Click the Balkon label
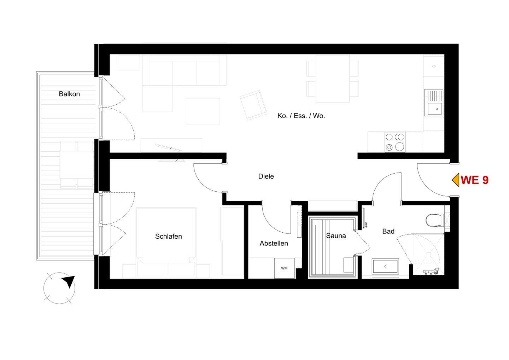tap(69, 94)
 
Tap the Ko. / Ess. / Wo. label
tap(301, 116)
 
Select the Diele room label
tap(266, 176)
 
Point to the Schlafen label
tap(168, 236)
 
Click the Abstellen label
tap(274, 243)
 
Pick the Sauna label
tap(336, 236)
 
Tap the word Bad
tap(388, 231)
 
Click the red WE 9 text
tap(475, 180)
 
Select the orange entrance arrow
tap(455, 180)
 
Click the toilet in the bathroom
tap(434, 220)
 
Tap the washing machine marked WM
tap(284, 268)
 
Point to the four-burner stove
tap(395, 142)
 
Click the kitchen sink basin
tap(435, 109)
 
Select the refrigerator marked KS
tap(434, 66)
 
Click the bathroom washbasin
tap(385, 266)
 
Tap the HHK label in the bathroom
tap(366, 225)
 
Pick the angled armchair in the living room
tap(253, 105)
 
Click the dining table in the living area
tap(333, 79)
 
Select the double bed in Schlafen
tap(166, 235)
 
